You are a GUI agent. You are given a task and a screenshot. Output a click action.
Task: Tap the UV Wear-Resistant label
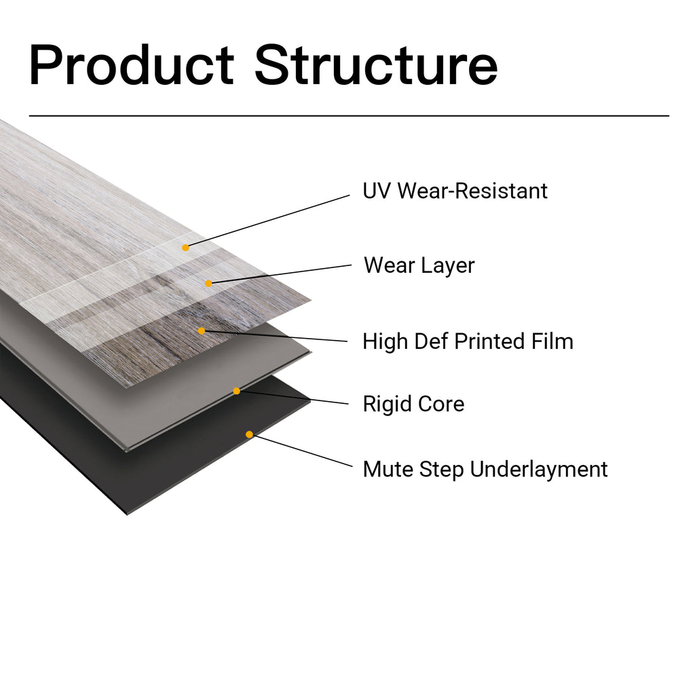click(x=455, y=191)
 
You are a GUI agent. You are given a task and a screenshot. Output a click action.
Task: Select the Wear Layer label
click(x=419, y=265)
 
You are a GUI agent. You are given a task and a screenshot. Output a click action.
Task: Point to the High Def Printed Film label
click(x=468, y=341)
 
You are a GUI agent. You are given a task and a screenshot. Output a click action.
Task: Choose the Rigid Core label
click(x=413, y=405)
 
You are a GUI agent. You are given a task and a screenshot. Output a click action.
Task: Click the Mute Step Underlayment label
click(x=485, y=469)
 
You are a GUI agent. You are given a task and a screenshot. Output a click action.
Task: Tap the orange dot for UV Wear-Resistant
click(x=185, y=248)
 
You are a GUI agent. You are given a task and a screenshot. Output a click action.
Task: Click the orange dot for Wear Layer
click(x=208, y=283)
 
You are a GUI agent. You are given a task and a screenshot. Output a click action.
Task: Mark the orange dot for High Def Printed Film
click(x=202, y=331)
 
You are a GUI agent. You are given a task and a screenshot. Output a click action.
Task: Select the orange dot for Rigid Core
click(x=236, y=391)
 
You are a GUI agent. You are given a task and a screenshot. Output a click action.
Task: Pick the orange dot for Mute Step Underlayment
click(x=249, y=434)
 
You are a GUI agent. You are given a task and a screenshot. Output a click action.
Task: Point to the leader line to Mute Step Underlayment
click(x=302, y=451)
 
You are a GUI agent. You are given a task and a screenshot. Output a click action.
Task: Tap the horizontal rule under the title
click(x=349, y=116)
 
